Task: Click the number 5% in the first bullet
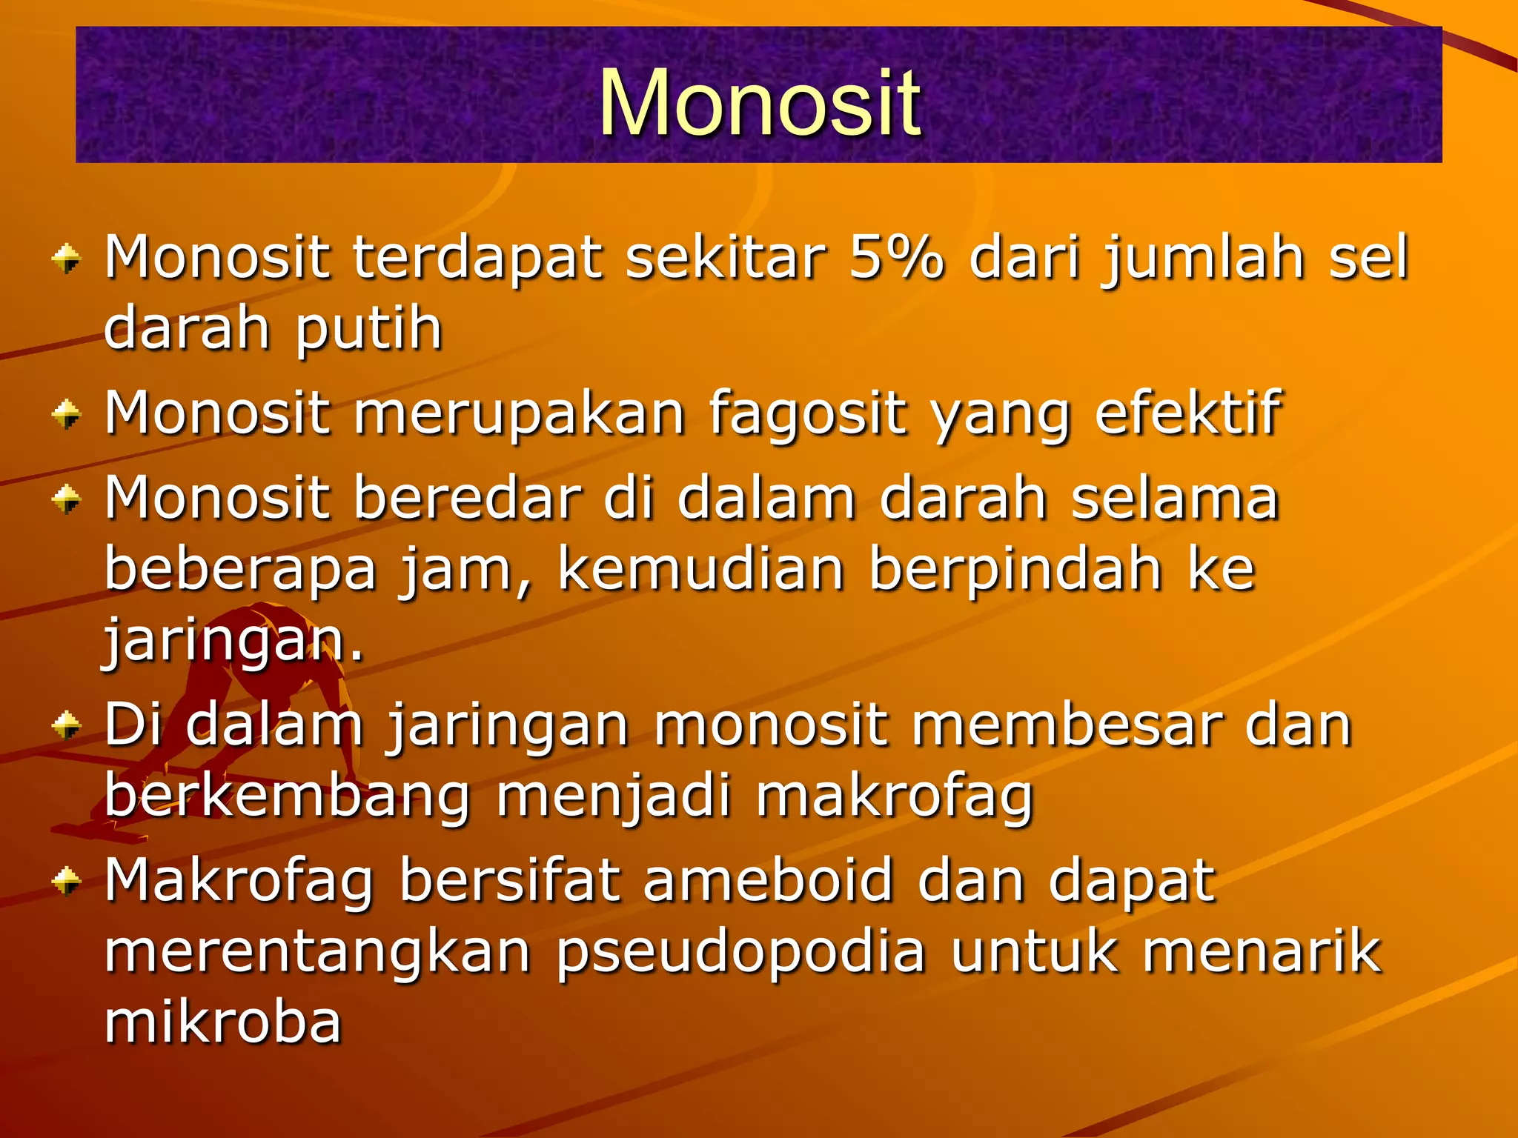896,257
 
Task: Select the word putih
368,329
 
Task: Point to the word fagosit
807,414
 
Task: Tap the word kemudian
700,568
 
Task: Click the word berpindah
1015,570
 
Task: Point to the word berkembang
287,797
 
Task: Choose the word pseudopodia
740,953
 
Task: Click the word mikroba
222,1022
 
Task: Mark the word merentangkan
317,953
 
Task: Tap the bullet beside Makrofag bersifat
67,881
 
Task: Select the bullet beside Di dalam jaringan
67,725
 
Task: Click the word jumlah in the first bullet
1202,259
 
